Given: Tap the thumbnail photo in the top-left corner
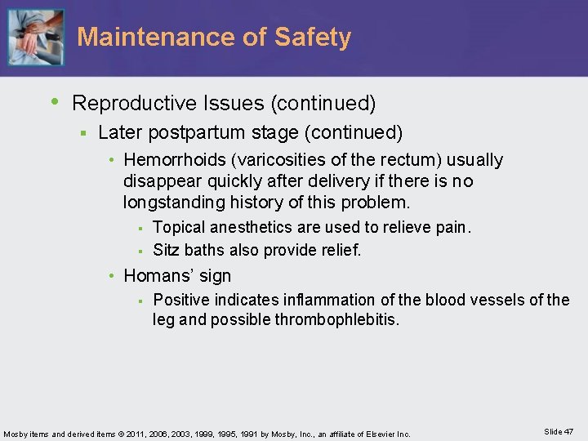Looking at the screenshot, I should [x=34, y=37].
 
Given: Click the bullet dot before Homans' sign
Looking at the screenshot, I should [x=114, y=276].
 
